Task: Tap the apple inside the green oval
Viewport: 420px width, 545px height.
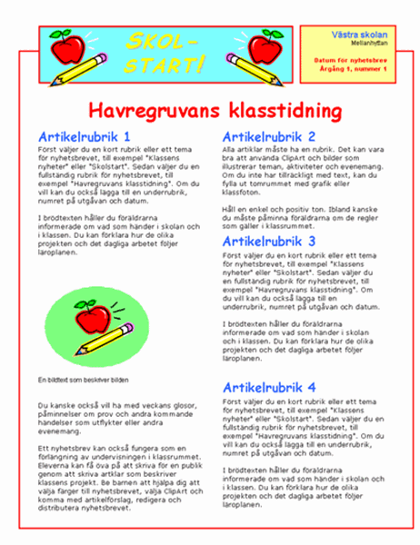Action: click(92, 317)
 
